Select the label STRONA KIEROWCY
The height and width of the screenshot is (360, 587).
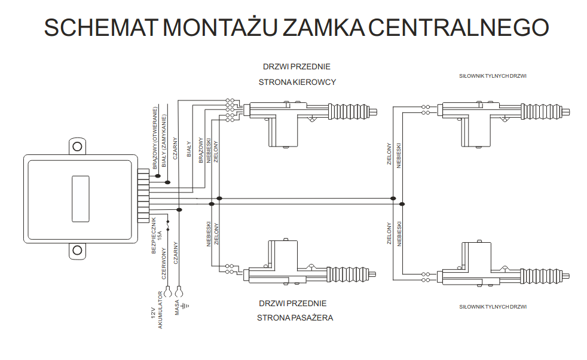point(297,82)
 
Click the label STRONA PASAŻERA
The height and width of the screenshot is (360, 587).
point(295,318)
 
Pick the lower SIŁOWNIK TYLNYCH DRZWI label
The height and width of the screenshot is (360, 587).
point(493,307)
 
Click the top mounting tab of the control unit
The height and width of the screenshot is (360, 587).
point(77,146)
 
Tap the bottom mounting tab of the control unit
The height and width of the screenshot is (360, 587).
point(77,250)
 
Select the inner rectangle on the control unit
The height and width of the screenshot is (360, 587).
point(80,197)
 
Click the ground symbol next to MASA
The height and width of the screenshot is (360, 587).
point(186,306)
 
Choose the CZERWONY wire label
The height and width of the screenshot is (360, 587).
point(164,265)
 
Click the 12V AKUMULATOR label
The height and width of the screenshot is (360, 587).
point(157,309)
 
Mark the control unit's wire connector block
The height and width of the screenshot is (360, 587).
point(143,196)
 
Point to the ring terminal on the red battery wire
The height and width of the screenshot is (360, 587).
point(168,292)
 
